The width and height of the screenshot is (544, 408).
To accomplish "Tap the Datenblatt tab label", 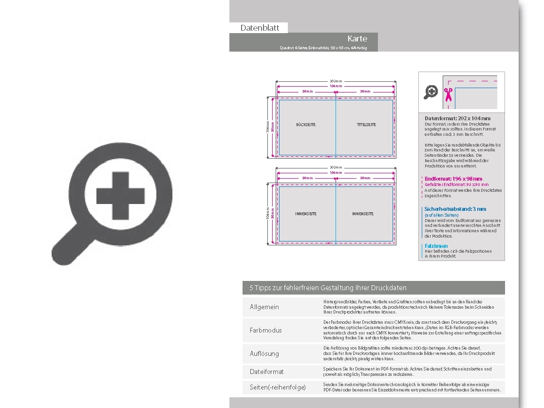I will click(x=260, y=28).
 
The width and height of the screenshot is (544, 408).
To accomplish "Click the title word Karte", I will click(x=357, y=38).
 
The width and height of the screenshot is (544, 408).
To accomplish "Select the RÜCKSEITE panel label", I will click(x=306, y=125).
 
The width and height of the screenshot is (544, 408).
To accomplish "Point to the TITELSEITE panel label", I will click(x=366, y=125).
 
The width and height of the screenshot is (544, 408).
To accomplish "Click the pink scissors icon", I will click(x=448, y=93).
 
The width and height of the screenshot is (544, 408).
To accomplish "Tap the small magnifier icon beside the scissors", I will click(x=431, y=92).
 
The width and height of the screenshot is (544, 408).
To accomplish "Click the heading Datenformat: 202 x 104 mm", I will click(x=457, y=118).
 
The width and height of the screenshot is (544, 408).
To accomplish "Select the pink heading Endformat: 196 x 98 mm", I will click(x=453, y=179).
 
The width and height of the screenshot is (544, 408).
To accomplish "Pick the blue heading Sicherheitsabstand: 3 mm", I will click(x=455, y=209).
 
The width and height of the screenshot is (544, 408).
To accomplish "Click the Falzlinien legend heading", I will click(x=436, y=246).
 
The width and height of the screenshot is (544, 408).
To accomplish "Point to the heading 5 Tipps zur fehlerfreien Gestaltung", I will click(x=328, y=288).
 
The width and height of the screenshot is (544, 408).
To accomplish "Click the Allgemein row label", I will click(x=264, y=307).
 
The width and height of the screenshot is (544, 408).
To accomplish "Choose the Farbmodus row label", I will click(x=265, y=330).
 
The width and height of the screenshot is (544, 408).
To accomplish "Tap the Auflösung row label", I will click(x=264, y=353).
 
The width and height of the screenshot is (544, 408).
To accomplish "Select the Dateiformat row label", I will click(x=266, y=371).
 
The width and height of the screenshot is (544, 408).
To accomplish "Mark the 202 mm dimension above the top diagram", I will click(x=336, y=81).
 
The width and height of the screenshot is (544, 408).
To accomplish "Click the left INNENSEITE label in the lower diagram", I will click(x=306, y=214).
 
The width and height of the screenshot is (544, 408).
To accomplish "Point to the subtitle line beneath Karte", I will click(x=323, y=48).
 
